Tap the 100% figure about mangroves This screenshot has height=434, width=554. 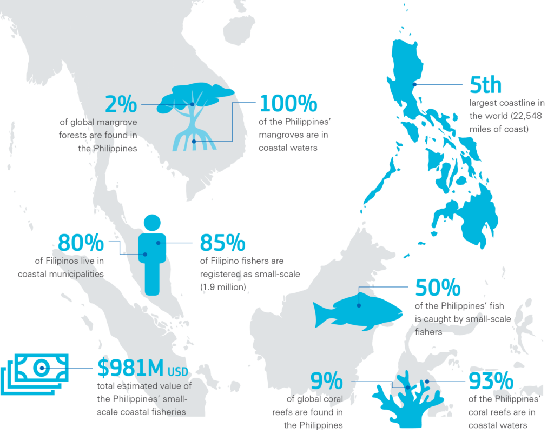[x=289, y=104]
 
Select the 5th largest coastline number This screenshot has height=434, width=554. [x=485, y=85]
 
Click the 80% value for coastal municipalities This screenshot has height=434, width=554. [x=81, y=243]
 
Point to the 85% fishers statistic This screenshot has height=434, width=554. [x=222, y=243]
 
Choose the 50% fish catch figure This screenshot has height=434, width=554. [x=438, y=288]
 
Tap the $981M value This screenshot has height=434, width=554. [x=130, y=367]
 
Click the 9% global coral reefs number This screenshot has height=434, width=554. [x=326, y=381]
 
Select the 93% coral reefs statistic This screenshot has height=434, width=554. [x=491, y=381]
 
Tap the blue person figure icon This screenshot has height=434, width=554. [x=152, y=254]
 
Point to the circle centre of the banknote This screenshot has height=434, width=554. [x=41, y=368]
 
